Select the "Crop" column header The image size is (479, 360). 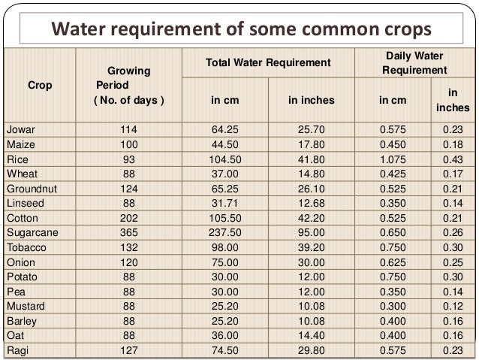40,86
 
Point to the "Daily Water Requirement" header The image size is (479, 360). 414,63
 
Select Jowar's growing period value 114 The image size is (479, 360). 129,130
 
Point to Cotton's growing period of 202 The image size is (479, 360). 129,218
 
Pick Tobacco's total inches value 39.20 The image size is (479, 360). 311,247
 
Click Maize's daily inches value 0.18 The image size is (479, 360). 453,144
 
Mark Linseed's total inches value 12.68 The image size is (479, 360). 311,204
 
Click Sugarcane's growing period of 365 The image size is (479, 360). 129,233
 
